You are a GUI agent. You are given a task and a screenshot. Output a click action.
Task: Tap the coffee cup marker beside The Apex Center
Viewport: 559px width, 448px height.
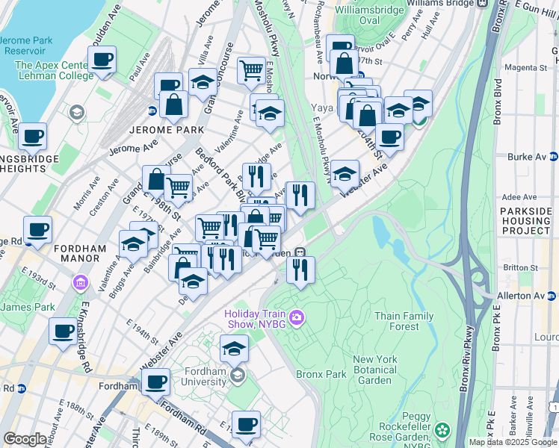pos(101,59)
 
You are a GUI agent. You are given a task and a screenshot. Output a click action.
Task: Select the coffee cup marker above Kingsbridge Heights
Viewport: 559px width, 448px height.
pos(32,137)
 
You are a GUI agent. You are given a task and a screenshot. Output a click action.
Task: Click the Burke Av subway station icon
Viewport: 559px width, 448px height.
pos(553,157)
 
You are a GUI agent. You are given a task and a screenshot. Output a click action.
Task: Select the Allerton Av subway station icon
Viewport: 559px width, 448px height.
pos(553,296)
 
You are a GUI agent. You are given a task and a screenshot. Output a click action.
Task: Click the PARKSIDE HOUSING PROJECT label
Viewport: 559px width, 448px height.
pos(526,221)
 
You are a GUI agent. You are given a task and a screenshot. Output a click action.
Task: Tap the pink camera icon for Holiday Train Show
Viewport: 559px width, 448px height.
pos(297,318)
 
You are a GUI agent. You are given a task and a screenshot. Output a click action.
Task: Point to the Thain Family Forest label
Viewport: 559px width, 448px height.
pos(404,321)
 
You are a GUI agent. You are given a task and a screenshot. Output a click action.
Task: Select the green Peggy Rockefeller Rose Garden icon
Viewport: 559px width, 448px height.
pos(443,430)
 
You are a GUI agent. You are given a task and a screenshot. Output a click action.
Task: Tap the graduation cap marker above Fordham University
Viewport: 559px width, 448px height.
pos(234,348)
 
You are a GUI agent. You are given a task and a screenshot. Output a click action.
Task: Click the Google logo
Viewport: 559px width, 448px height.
pos(25,439)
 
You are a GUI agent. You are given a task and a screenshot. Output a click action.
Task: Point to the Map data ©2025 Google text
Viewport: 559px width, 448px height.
pos(512,442)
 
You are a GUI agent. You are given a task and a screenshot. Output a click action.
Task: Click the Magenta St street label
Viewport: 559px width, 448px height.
pos(527,67)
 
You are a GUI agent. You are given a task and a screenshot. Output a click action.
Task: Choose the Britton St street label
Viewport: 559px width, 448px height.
pos(522,267)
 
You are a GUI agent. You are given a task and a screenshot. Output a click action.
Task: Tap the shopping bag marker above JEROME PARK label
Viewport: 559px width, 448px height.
pos(173,105)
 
